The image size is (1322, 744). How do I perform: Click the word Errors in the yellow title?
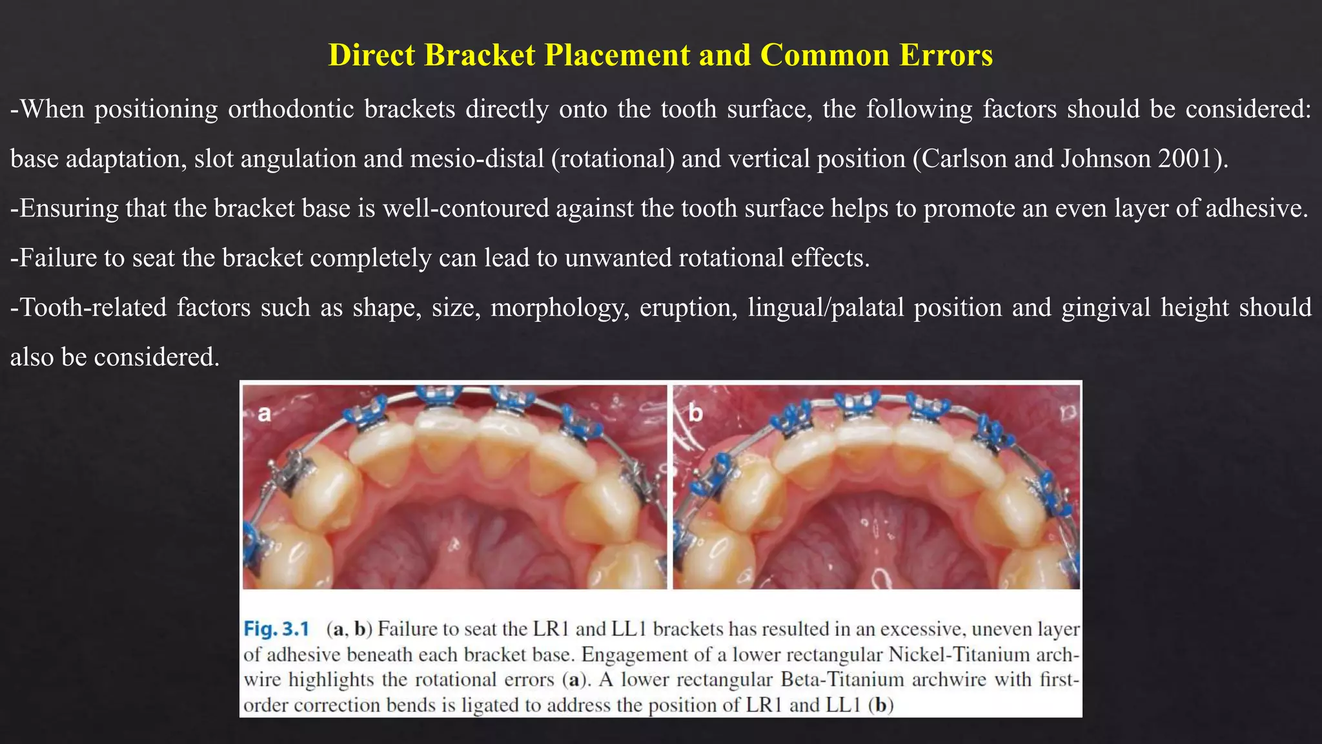(x=946, y=55)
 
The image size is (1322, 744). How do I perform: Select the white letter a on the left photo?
(x=265, y=413)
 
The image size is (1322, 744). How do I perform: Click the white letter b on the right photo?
(x=695, y=413)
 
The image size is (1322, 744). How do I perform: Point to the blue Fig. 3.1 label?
(x=276, y=628)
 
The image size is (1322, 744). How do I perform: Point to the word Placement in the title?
(x=616, y=55)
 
